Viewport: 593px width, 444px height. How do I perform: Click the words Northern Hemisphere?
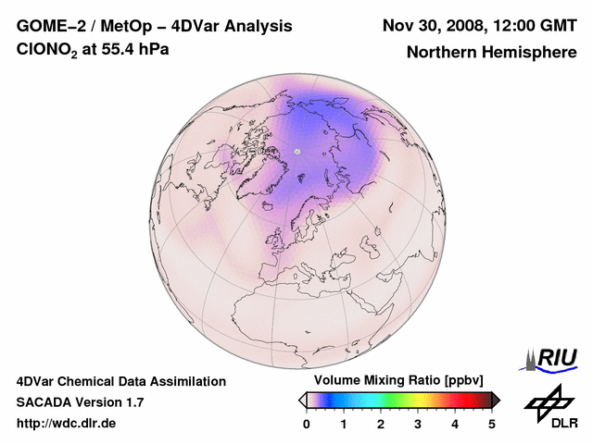[492, 53]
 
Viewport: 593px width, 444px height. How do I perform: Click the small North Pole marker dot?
[297, 151]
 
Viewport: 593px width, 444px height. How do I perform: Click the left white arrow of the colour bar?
[302, 400]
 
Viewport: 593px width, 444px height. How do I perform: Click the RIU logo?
[553, 358]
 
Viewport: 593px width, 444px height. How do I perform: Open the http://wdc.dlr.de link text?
[68, 424]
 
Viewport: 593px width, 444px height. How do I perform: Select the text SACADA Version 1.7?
[80, 402]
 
